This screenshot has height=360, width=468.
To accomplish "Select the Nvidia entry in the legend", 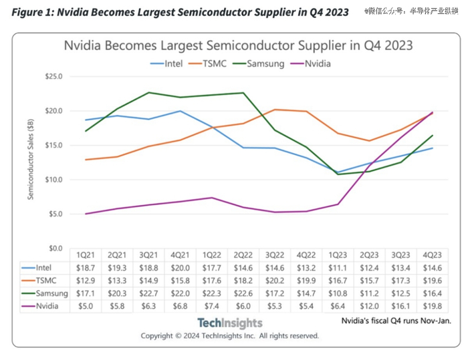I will coord(318,63).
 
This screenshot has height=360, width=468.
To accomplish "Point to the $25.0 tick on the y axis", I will coord(53,76).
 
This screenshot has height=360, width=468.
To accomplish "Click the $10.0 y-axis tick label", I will coord(53,180).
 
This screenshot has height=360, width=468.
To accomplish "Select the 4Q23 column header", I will coord(432,255).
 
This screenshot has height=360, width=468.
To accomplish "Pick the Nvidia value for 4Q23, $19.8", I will coord(432,307).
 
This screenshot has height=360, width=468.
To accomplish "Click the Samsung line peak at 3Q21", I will coord(148,92).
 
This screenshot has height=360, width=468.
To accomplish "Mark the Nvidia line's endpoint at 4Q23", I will coord(432,112).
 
